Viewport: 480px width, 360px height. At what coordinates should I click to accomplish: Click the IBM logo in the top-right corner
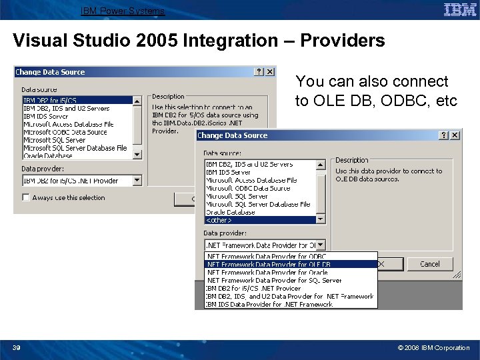(460, 9)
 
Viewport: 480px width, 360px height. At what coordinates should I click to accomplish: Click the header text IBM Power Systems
(123, 11)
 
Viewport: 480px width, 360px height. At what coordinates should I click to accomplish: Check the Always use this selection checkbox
(25, 197)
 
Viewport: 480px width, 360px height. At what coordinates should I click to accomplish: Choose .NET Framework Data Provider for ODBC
(266, 256)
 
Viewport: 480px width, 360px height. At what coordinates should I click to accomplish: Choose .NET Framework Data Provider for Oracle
(267, 272)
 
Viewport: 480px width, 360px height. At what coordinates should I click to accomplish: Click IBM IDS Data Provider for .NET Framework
(269, 305)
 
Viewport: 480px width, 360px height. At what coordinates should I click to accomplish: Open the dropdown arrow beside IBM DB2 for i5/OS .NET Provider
(137, 180)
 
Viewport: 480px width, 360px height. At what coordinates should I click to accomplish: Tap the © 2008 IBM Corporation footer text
(433, 347)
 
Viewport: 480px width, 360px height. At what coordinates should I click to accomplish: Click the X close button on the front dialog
(455, 135)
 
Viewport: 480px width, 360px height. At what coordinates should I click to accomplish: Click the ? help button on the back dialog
(259, 71)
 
